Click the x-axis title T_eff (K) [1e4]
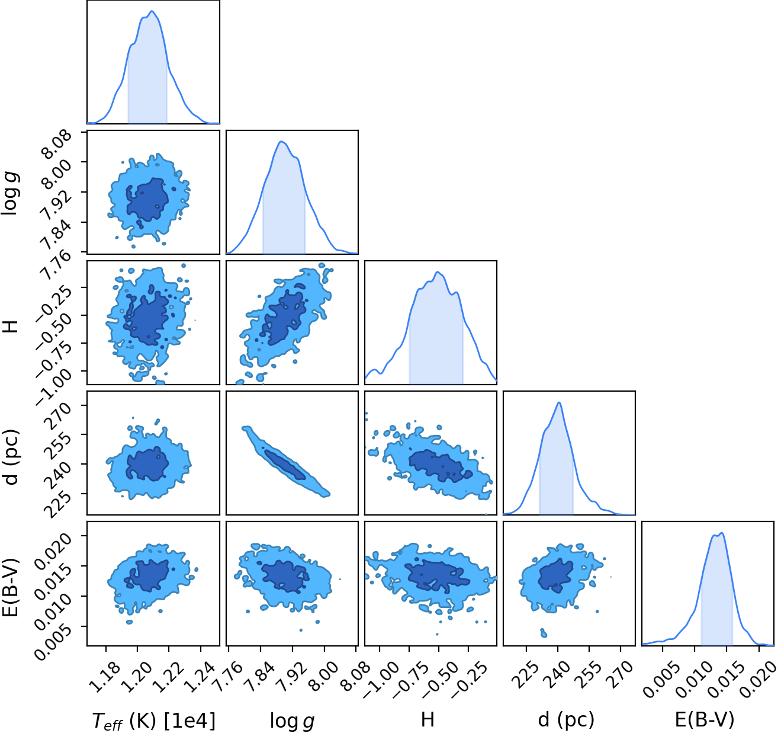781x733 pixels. pos(154,721)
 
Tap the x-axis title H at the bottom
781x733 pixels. pos(428,719)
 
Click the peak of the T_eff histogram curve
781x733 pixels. pos(152,11)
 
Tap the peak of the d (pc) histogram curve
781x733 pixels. pos(559,402)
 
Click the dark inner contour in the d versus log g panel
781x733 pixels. pos(285,465)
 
